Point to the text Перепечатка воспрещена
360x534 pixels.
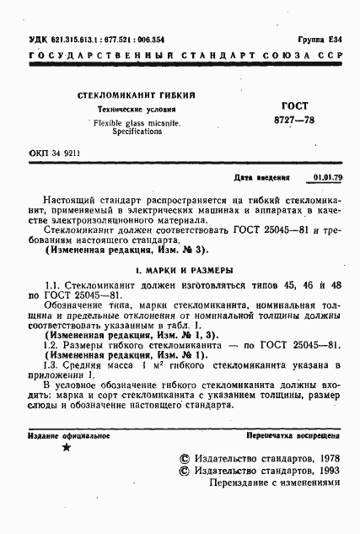point(288,434)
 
